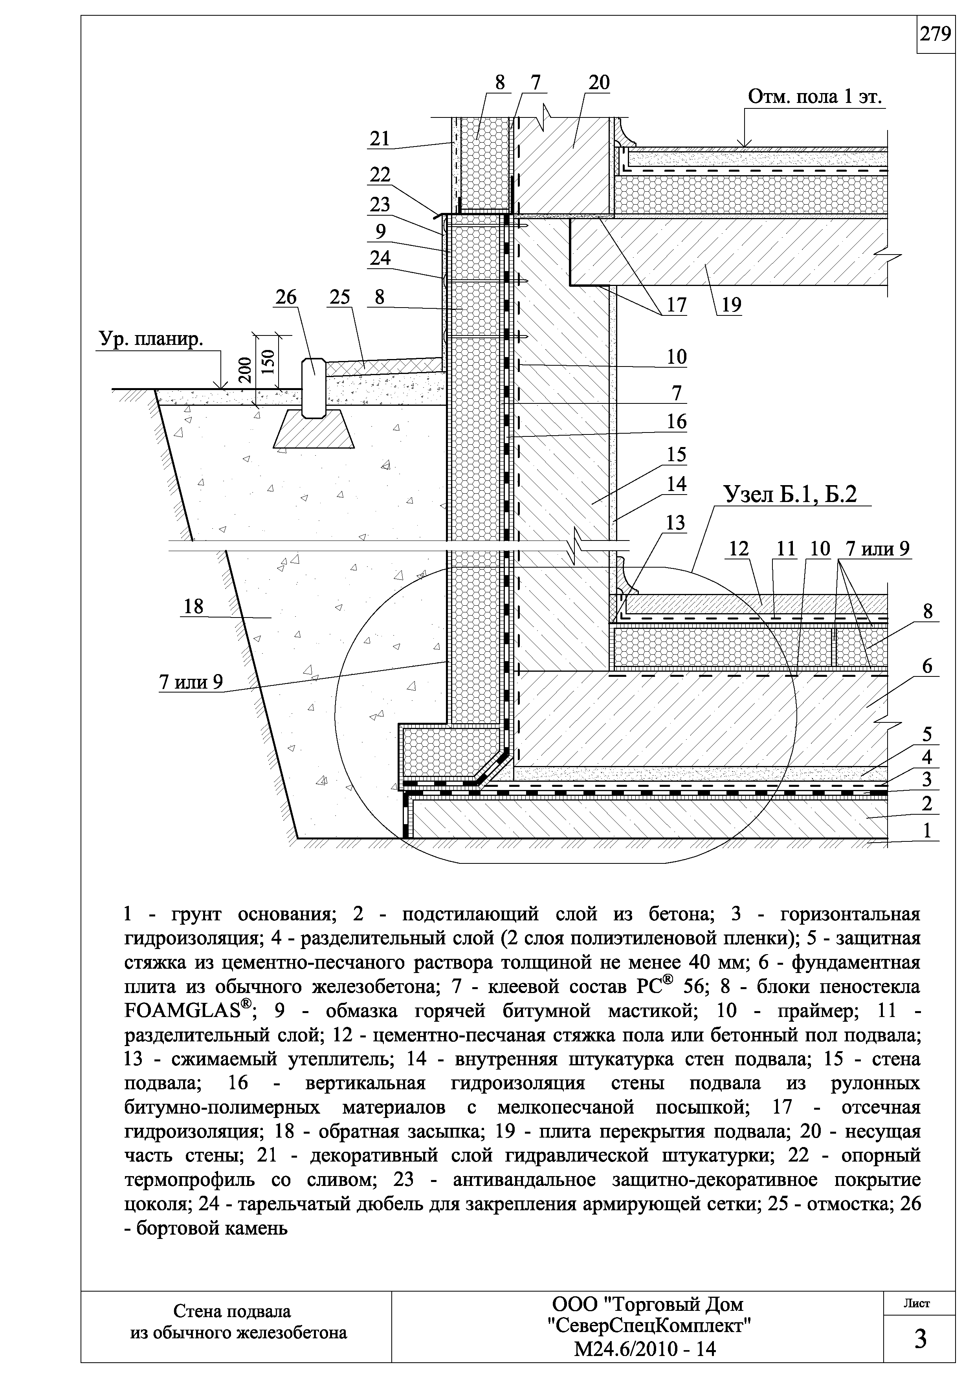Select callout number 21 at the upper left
tap(379, 139)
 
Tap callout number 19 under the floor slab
tap(731, 306)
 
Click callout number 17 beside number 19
tap(676, 306)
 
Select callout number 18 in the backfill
tap(193, 607)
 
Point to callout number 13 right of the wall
tap(675, 523)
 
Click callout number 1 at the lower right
tap(927, 831)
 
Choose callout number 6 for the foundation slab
tap(927, 666)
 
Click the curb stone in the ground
tap(314, 387)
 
